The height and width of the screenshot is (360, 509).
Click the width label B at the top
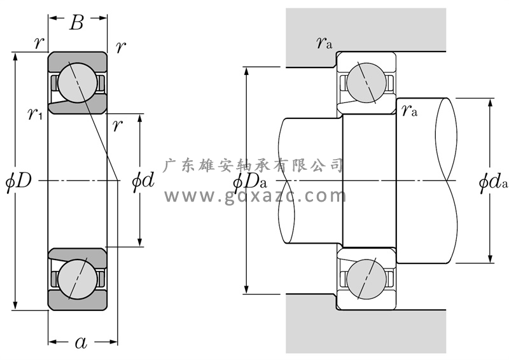pyautogui.click(x=77, y=23)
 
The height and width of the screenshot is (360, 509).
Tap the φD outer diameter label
pyautogui.click(x=18, y=181)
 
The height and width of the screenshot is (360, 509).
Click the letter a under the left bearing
pyautogui.click(x=81, y=343)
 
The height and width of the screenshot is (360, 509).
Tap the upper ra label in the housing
pyautogui.click(x=324, y=43)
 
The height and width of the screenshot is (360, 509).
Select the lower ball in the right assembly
pyautogui.click(x=365, y=278)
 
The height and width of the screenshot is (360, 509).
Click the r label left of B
pyautogui.click(x=39, y=43)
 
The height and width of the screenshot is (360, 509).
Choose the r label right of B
pyautogui.click(x=121, y=46)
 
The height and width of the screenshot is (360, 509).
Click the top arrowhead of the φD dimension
pyautogui.click(x=15, y=56)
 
